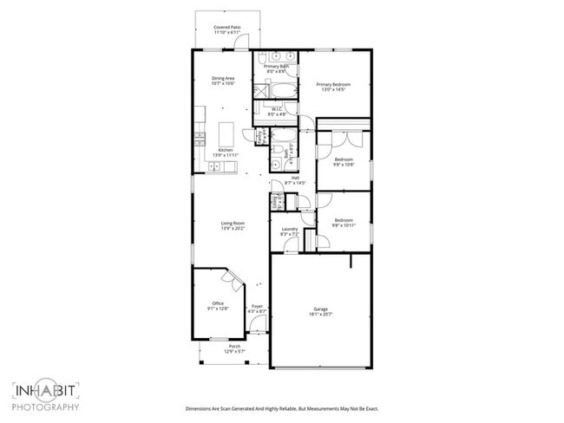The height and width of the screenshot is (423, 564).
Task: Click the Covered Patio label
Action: (x=227, y=28)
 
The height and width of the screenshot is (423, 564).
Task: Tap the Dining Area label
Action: (x=223, y=79)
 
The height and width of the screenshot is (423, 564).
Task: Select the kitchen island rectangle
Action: (x=227, y=133)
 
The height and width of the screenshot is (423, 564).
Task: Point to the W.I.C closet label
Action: (x=277, y=109)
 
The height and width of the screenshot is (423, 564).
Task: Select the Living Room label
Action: (x=233, y=224)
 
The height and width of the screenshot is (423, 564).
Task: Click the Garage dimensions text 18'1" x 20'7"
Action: (x=322, y=314)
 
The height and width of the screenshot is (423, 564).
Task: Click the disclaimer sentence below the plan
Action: (x=281, y=408)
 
